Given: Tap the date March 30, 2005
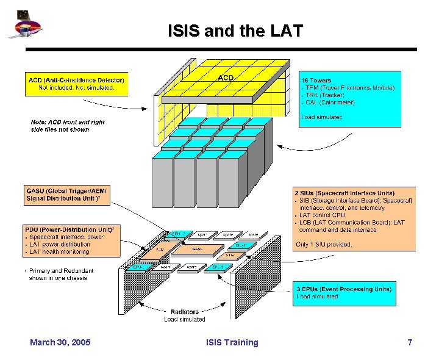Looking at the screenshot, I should (60, 342).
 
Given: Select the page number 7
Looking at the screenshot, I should (410, 342).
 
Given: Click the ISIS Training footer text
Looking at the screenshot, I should (232, 342).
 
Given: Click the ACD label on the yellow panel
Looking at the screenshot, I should (226, 77).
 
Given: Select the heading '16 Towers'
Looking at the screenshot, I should (316, 80).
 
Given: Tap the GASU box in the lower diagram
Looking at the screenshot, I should (197, 249).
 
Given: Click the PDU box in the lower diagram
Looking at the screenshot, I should (160, 250).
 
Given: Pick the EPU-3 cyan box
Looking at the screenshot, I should (218, 267).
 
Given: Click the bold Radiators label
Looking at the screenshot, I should (184, 312).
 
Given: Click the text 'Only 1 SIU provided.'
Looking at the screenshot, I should (324, 245).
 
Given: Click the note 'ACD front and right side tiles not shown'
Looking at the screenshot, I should (68, 126).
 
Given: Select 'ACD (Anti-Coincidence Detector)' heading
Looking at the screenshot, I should (76, 80).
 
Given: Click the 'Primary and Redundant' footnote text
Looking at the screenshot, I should (61, 271).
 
